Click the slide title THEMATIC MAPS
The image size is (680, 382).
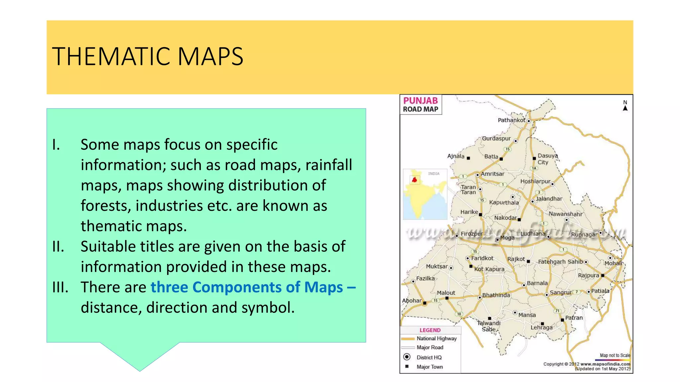coord(148,56)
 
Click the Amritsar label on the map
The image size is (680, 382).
coord(492,174)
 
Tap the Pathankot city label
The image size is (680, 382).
coord(511,120)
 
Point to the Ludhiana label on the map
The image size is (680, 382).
coord(533,234)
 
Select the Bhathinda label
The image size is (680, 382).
coord(496,295)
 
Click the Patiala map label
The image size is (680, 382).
coord(600,291)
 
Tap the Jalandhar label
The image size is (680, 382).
coord(549,199)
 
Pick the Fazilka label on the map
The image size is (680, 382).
coord(425,279)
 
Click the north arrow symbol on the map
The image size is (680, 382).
coord(625,108)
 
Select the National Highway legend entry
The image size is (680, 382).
coord(437,339)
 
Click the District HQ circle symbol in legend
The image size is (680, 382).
coord(407,357)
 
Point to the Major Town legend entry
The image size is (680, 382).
coord(430,367)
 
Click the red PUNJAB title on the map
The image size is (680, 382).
coord(420,100)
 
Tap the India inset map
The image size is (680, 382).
coord(425,194)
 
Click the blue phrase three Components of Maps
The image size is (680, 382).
coord(247,287)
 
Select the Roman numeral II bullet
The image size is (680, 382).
coord(58,247)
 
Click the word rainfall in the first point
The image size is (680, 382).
coord(328,165)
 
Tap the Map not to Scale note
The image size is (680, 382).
coord(615,355)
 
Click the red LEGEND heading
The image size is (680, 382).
coord(430,330)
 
